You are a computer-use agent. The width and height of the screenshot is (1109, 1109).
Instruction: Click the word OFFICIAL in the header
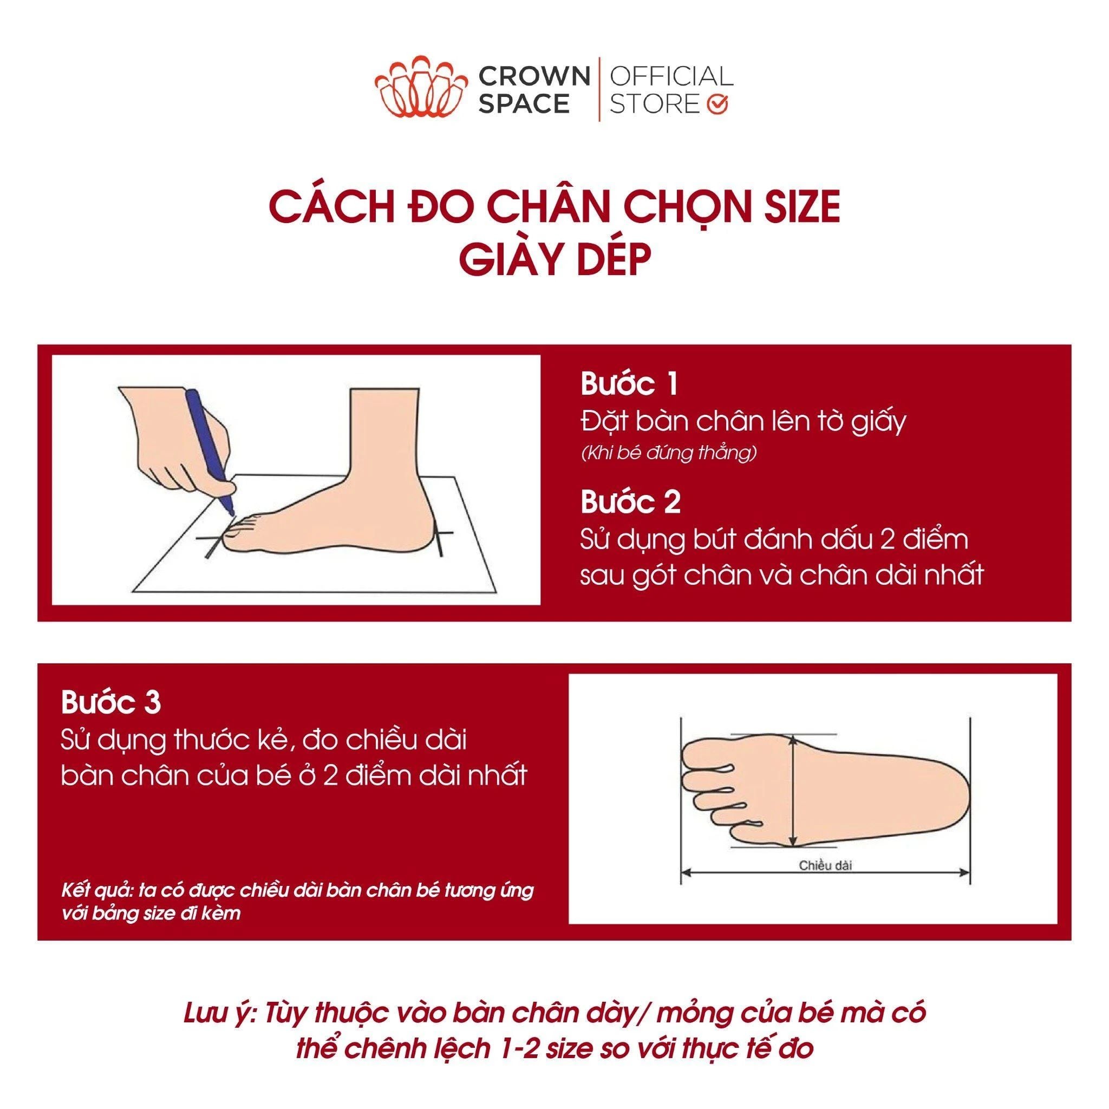pyautogui.click(x=671, y=76)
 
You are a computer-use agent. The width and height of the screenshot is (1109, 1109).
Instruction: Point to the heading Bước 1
pyautogui.click(x=629, y=384)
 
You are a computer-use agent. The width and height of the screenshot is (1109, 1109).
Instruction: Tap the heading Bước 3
pyautogui.click(x=111, y=703)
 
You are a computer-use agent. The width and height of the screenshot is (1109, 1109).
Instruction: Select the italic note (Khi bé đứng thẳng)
pyautogui.click(x=669, y=453)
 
